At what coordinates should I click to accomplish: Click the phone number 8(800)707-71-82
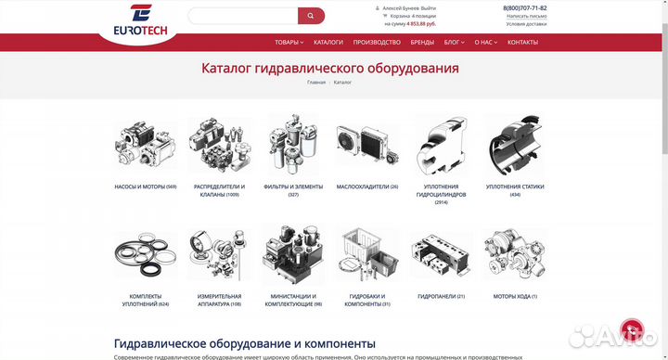(x=525, y=7)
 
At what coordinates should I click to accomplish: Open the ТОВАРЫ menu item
(x=289, y=42)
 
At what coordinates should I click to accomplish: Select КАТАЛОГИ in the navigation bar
(x=328, y=42)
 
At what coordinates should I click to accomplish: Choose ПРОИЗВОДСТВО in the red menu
(x=377, y=42)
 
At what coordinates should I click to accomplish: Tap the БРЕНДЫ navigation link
(x=422, y=42)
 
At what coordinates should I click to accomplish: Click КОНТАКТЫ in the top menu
(x=522, y=42)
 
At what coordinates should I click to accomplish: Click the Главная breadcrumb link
(x=316, y=83)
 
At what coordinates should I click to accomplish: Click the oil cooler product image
(x=366, y=146)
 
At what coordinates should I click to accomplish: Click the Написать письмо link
(x=526, y=16)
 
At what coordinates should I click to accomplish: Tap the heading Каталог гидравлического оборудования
(x=329, y=68)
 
